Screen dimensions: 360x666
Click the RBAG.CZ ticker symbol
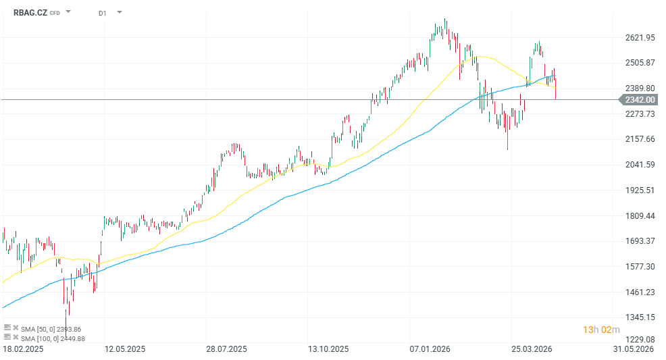pyautogui.click(x=30, y=12)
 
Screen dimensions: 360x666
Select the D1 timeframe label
pyautogui.click(x=102, y=13)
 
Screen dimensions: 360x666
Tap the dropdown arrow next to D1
pyautogui.click(x=120, y=12)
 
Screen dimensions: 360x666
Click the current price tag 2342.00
pyautogui.click(x=640, y=100)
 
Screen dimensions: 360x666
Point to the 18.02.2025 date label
pyautogui.click(x=23, y=349)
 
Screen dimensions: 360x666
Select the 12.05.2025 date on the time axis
pyautogui.click(x=124, y=349)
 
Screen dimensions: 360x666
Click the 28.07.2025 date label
pyautogui.click(x=226, y=349)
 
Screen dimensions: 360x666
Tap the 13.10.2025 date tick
pyautogui.click(x=328, y=349)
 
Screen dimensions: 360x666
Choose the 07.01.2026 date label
pyautogui.click(x=430, y=349)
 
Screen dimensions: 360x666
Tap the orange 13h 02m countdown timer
pyautogui.click(x=601, y=330)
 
